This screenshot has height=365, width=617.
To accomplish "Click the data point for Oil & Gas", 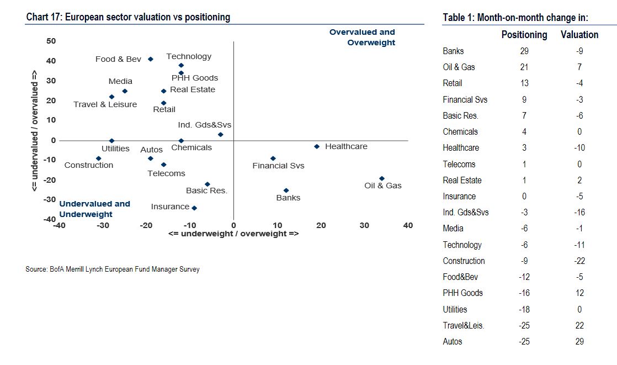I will (x=381, y=178).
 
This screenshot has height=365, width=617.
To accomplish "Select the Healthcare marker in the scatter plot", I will (x=316, y=146).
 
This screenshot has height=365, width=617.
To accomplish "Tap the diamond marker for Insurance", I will (x=194, y=208).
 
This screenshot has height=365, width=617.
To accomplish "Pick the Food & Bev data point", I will (x=151, y=59).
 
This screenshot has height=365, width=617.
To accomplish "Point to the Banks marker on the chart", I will (x=286, y=191).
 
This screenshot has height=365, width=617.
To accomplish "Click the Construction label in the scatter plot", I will (x=88, y=165).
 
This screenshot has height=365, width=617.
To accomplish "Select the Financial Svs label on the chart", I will (x=278, y=166).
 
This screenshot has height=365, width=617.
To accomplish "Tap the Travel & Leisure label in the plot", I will (x=105, y=104).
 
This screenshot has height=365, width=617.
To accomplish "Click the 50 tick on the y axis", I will (x=51, y=41).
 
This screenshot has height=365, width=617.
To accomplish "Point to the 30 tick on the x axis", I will (x=364, y=225).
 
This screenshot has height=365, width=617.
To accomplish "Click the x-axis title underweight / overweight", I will (x=233, y=234).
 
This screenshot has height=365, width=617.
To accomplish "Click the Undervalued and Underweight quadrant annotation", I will (x=94, y=209).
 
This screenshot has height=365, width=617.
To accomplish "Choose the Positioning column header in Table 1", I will (x=524, y=35).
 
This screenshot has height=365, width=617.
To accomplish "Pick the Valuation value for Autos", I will (x=579, y=342).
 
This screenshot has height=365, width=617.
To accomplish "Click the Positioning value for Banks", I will (x=524, y=51).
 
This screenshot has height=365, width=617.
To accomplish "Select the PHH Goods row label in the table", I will (x=462, y=293).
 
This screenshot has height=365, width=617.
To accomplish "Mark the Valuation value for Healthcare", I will (x=579, y=148).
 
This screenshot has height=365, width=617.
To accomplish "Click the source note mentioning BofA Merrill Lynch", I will (x=113, y=269).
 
